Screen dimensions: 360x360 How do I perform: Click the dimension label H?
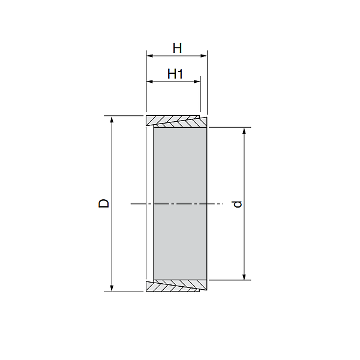pyautogui.click(x=177, y=47)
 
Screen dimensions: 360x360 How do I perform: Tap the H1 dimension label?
pyautogui.click(x=175, y=74)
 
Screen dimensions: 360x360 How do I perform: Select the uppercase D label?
pyautogui.click(x=104, y=203)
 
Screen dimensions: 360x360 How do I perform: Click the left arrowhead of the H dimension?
pyautogui.click(x=150, y=56)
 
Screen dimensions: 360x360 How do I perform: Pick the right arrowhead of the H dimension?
pyautogui.click(x=203, y=56)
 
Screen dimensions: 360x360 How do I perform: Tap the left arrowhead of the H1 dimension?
pyautogui.click(x=150, y=82)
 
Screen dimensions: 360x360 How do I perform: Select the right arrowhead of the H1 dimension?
pyautogui.click(x=197, y=82)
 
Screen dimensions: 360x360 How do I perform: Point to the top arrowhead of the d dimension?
pyautogui.click(x=244, y=131)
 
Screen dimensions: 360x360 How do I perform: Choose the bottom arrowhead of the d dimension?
pyautogui.click(x=244, y=276)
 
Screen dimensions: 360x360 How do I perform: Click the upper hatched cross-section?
pyautogui.click(x=177, y=121)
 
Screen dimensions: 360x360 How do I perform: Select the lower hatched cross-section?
pyautogui.click(x=177, y=286)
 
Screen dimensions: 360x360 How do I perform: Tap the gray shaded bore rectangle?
pyautogui.click(x=181, y=203)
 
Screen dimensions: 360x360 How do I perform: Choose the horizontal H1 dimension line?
pyautogui.click(x=173, y=82)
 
